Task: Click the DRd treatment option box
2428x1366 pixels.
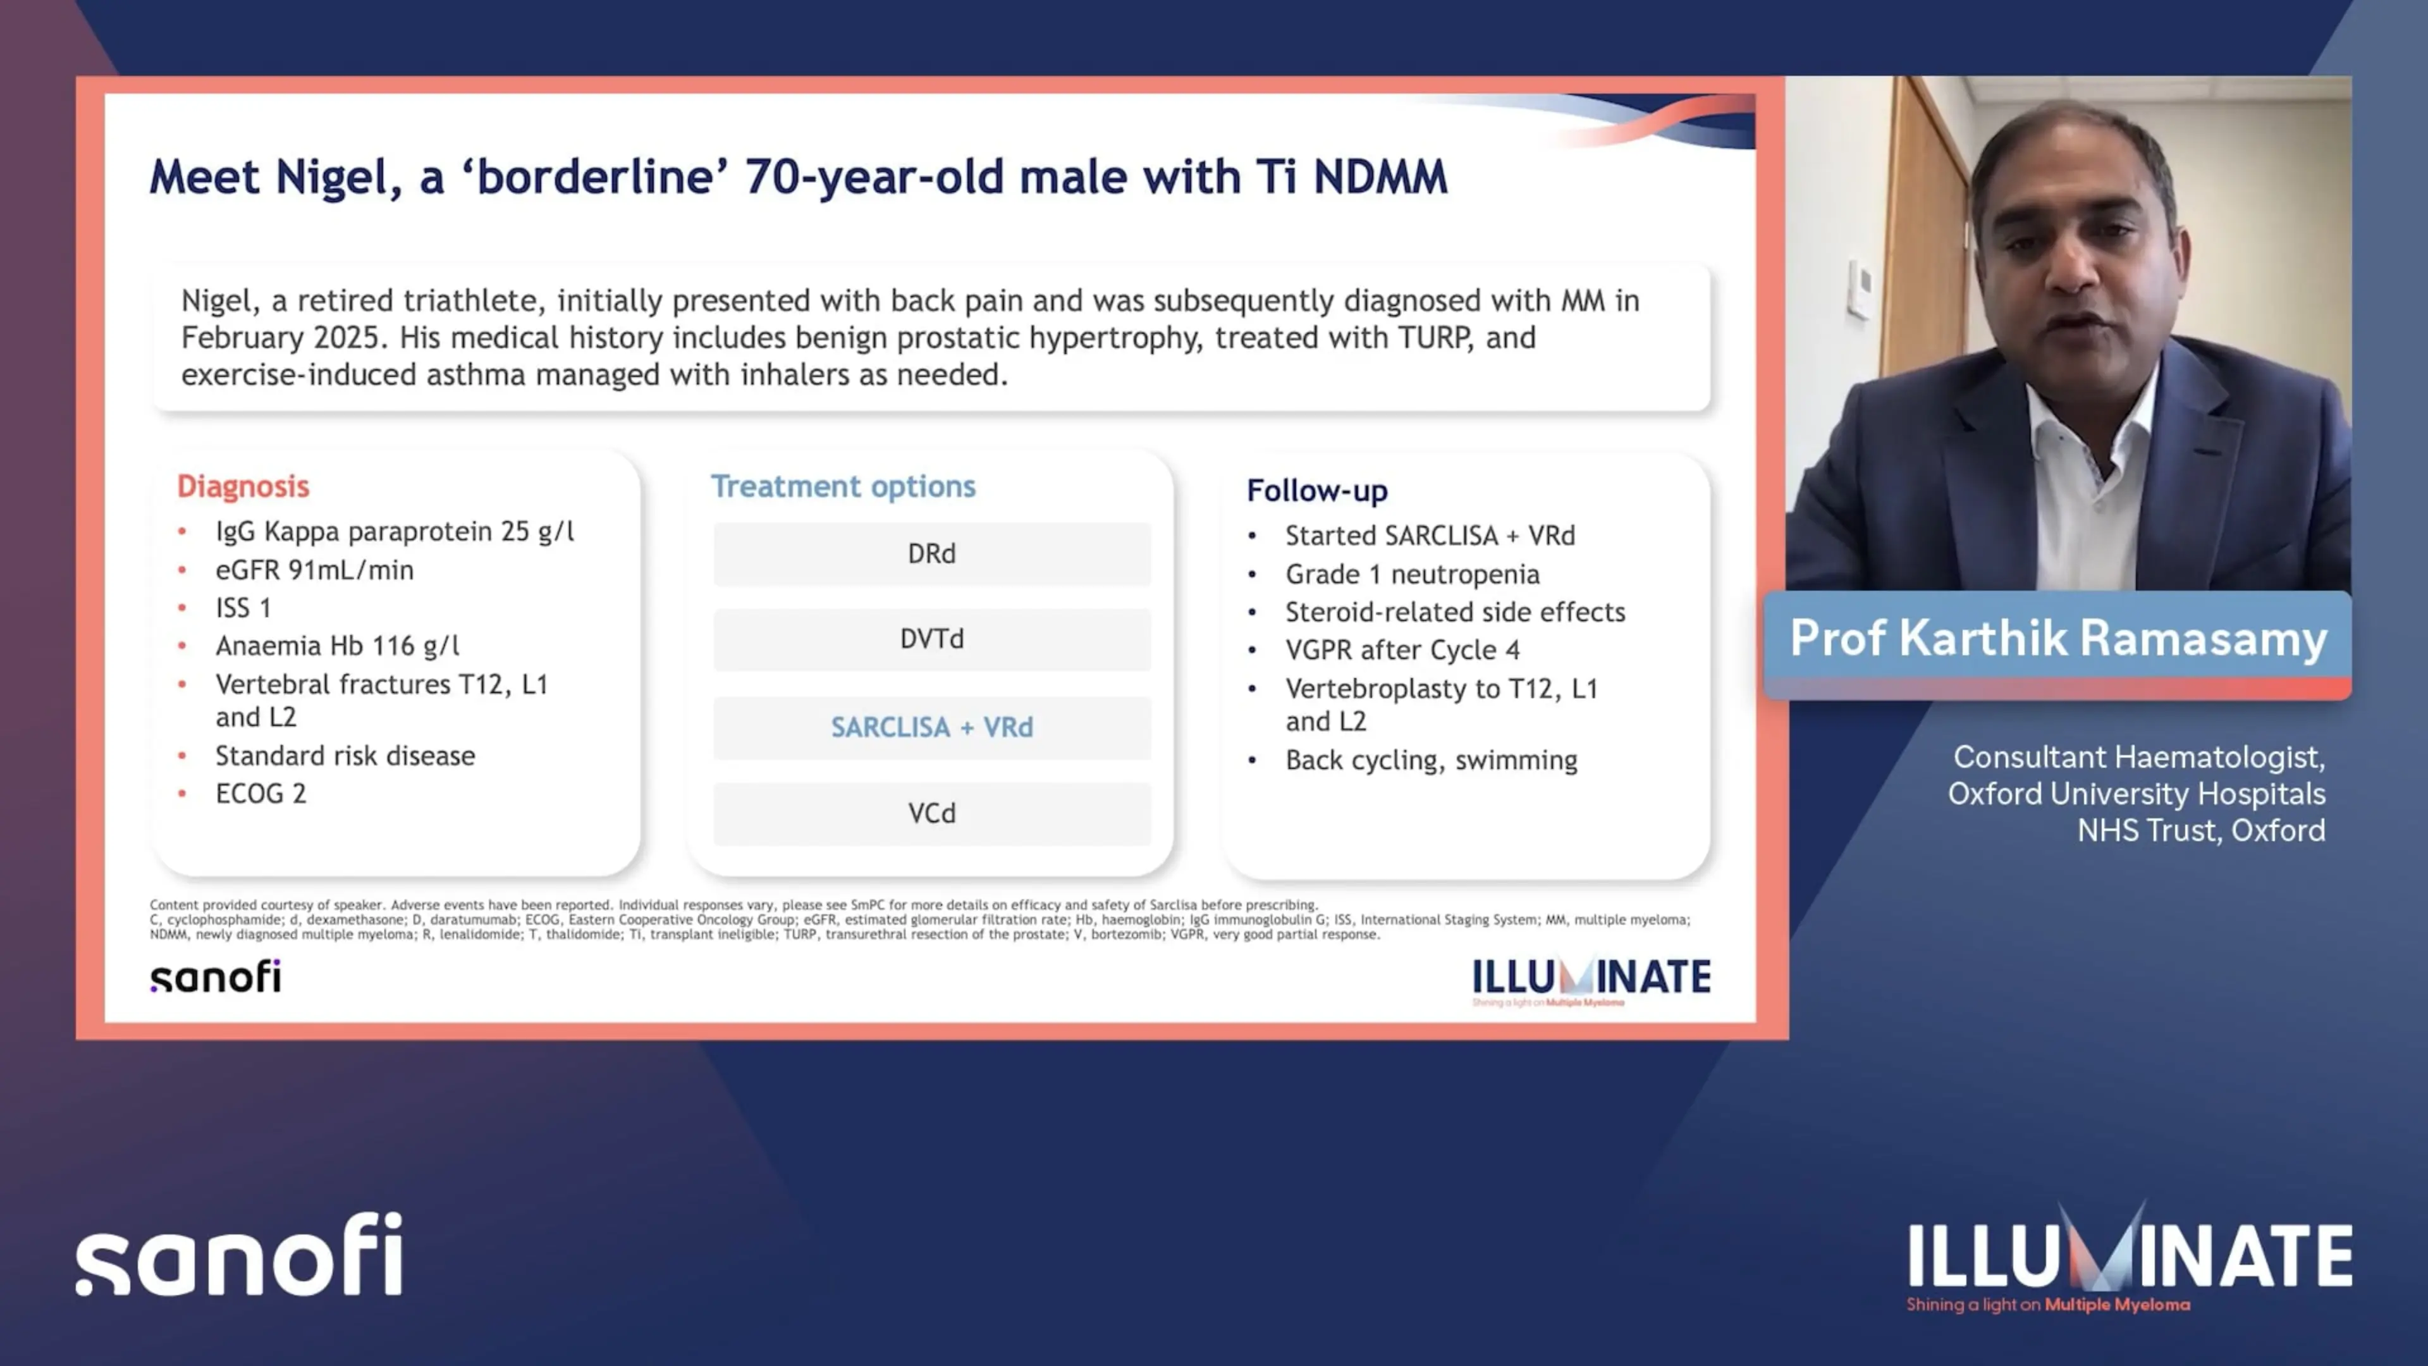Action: pos(931,553)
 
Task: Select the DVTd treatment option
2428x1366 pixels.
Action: pos(931,639)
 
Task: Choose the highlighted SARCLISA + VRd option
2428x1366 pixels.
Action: pos(931,727)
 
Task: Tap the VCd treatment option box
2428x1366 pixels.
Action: pos(931,813)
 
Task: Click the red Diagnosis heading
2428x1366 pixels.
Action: pos(243,486)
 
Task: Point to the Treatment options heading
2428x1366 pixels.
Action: pos(843,486)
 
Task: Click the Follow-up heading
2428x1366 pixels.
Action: pos(1316,490)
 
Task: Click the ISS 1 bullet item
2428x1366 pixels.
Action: pos(243,608)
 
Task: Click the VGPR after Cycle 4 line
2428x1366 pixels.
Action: pos(1402,649)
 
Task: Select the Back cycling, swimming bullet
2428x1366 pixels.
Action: pos(1432,760)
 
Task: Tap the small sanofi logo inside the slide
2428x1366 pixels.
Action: pos(216,976)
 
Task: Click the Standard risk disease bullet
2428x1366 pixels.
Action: pos(345,756)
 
